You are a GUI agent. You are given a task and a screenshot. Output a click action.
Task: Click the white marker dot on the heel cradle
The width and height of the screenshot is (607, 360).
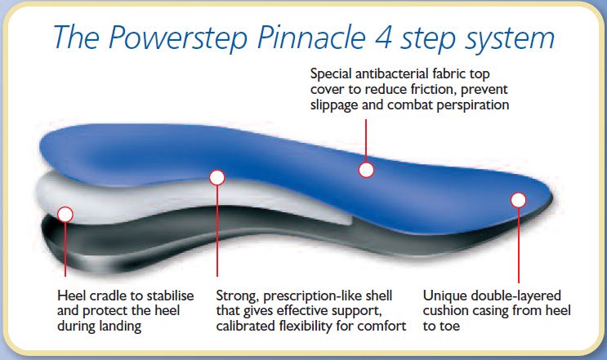coord(65,214)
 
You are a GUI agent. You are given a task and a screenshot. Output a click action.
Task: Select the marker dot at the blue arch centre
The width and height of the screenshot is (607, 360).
coord(366,170)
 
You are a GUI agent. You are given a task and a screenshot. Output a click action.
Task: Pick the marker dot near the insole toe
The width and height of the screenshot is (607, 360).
coord(518,198)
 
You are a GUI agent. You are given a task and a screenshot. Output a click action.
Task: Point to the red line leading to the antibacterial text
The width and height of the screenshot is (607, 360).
coord(366,139)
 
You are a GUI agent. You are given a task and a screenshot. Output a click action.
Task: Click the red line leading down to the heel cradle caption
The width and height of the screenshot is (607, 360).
coord(65,253)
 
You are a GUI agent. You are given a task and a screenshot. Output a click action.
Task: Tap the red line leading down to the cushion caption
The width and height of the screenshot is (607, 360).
coord(518,245)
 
